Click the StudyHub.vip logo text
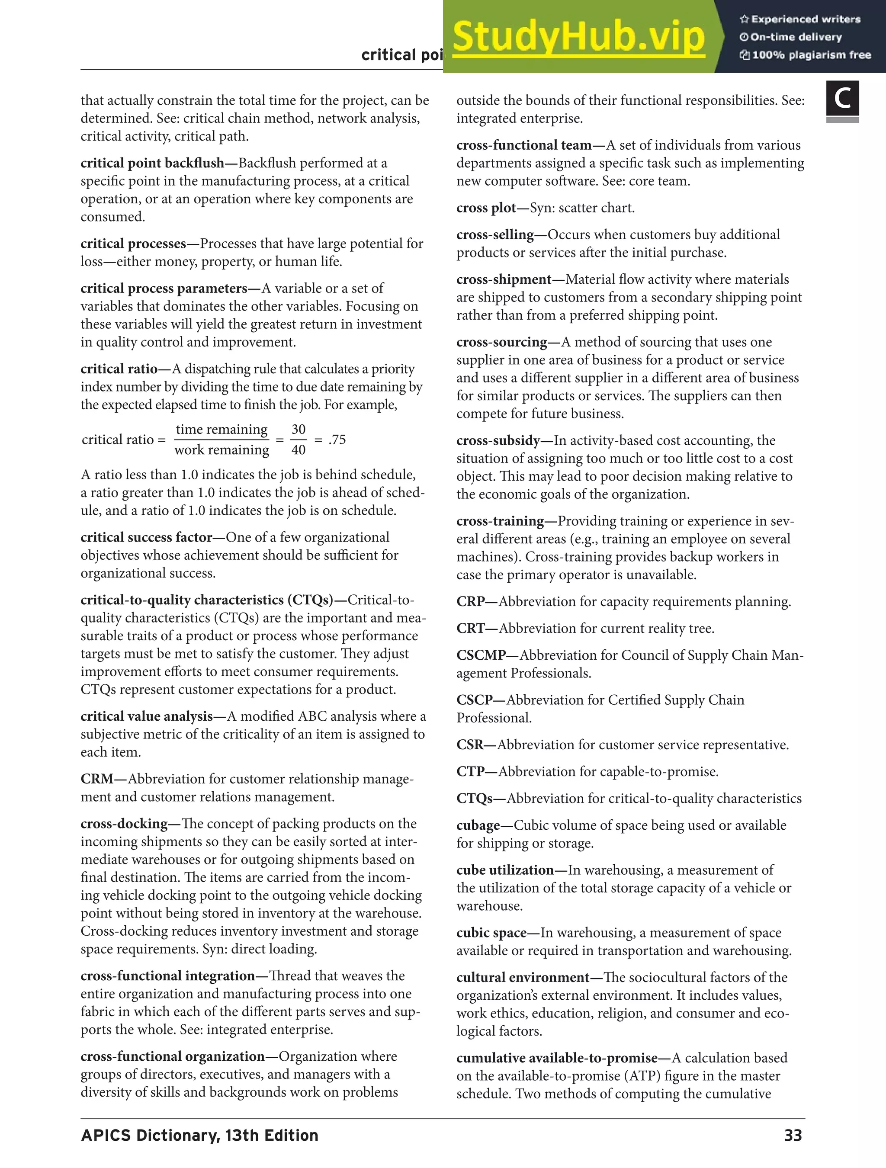point(578,37)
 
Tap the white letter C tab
point(842,99)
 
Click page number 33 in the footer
point(793,1135)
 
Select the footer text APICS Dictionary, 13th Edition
point(199,1135)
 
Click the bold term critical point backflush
point(152,163)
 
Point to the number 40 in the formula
point(299,450)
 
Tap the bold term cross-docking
point(124,824)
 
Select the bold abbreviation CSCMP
point(481,655)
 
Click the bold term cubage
point(478,825)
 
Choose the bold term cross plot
point(486,208)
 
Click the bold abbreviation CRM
point(96,779)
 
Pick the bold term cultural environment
point(522,977)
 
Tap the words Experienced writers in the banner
point(806,19)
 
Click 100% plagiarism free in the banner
point(811,55)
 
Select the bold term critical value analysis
point(146,716)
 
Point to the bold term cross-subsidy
point(498,440)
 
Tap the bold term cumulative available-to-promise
point(556,1058)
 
